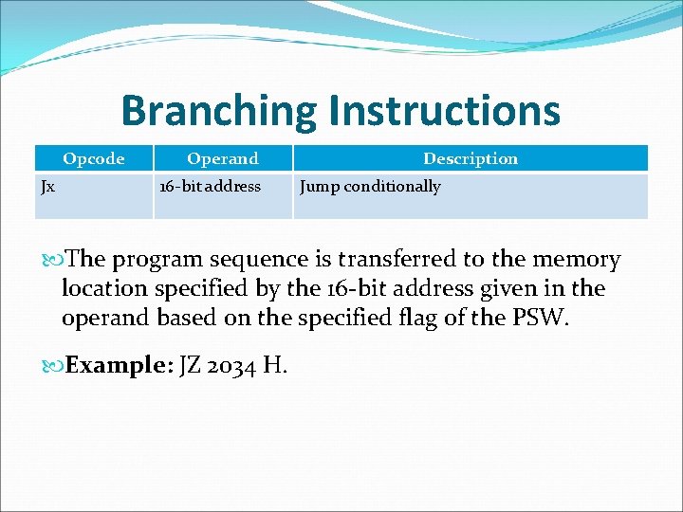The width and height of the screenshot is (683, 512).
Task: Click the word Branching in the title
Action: point(219,110)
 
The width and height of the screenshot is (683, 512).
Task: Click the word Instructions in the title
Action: point(445,110)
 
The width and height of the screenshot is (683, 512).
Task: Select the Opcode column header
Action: point(93,158)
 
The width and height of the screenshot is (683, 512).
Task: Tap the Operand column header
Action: point(222,158)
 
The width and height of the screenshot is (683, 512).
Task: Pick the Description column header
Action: point(471,158)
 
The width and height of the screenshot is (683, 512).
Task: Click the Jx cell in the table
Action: point(47,187)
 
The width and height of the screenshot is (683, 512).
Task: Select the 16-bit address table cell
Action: point(210,187)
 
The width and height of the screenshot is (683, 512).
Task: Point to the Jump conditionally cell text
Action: point(370,187)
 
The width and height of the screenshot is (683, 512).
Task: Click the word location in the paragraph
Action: point(102,289)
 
